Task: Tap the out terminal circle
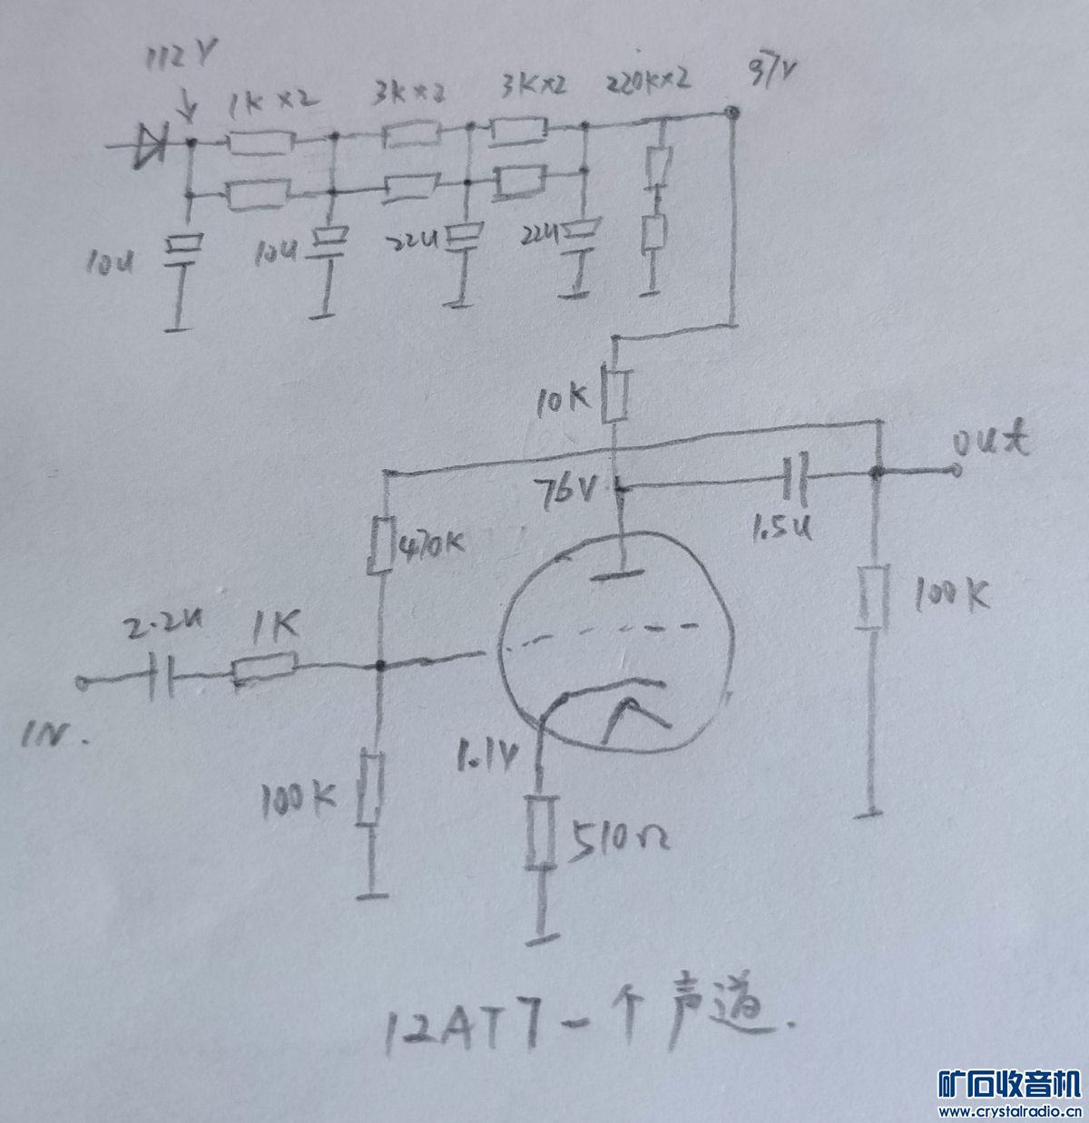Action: [955, 470]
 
